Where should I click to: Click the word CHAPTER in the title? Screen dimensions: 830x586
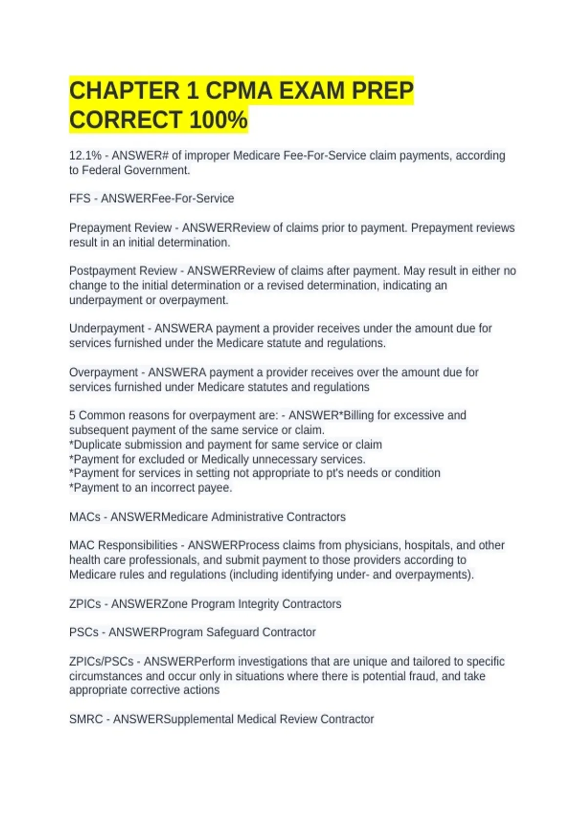[x=125, y=91]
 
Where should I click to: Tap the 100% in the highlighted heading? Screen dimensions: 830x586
[x=218, y=120]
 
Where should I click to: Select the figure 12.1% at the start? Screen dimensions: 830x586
[x=85, y=156]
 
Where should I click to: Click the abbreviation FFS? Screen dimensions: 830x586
[x=80, y=199]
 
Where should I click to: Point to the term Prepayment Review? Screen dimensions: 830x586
[x=120, y=228]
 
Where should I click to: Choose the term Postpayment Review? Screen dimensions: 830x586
[x=123, y=271]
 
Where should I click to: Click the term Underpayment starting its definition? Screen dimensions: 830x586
[x=106, y=329]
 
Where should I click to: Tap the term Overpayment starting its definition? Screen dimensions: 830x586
[x=104, y=373]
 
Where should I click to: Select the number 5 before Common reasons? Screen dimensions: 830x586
[x=72, y=415]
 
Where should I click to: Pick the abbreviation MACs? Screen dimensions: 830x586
[x=84, y=517]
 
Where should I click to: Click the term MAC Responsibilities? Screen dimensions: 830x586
[x=123, y=545]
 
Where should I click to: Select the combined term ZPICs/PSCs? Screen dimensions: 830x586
[x=101, y=662]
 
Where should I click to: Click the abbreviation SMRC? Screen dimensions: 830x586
[x=86, y=719]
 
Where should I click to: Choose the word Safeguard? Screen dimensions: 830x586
[x=232, y=632]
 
